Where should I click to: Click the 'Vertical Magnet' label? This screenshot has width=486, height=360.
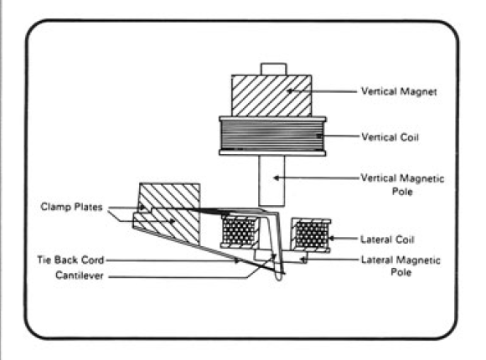click(399, 91)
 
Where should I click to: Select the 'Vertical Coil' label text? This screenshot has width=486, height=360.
click(390, 137)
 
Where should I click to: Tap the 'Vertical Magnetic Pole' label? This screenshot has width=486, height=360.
click(402, 185)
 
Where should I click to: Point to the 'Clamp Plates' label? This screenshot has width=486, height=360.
click(71, 207)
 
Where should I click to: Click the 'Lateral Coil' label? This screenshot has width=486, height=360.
click(387, 239)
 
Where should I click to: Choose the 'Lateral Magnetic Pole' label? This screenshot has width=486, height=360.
click(401, 266)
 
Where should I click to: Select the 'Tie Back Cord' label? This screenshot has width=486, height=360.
click(70, 260)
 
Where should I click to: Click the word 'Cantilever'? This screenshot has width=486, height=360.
click(80, 275)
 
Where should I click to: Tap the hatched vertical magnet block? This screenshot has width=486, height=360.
click(271, 95)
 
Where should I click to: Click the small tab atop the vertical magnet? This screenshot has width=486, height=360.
click(274, 69)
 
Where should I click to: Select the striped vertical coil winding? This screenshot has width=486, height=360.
click(272, 136)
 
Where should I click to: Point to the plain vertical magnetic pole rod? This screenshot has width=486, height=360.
click(271, 181)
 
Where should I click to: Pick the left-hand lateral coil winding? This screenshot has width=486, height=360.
click(240, 232)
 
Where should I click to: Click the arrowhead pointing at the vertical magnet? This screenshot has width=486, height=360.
click(290, 91)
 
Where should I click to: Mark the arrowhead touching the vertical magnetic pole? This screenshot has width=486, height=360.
click(277, 177)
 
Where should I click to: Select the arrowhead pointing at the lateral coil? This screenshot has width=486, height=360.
click(331, 239)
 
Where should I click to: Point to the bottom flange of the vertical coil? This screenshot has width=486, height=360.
click(272, 153)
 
